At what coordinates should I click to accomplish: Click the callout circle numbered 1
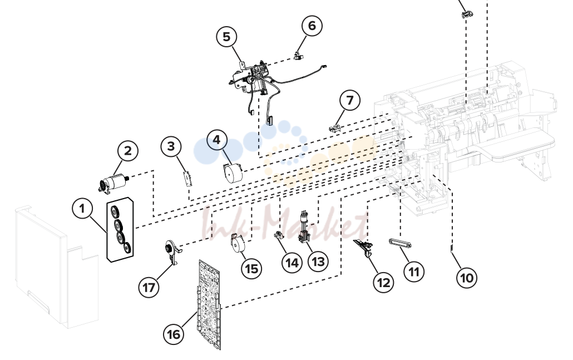(82, 209)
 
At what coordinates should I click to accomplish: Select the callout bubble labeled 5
(226, 37)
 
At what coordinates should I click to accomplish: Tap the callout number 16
(174, 334)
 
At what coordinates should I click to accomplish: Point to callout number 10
(467, 278)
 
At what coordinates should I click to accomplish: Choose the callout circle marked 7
(350, 100)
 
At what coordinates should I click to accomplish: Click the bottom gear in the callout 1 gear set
(127, 248)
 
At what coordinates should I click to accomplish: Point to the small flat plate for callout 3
(188, 178)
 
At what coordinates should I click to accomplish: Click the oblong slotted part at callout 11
(401, 243)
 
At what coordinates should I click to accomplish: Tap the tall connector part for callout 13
(304, 227)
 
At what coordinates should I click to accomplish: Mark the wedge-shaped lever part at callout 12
(363, 247)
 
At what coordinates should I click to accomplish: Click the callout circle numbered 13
(318, 262)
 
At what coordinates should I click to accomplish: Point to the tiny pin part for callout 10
(451, 249)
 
